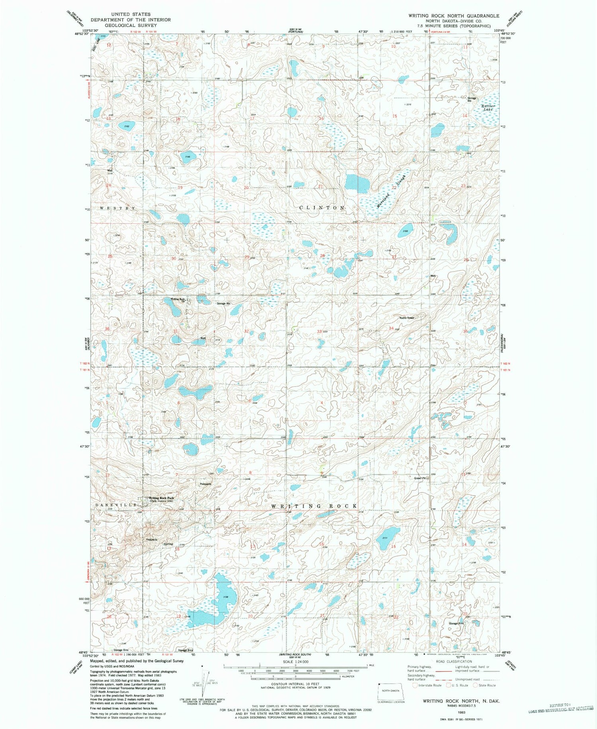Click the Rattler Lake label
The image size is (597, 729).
click(488, 108)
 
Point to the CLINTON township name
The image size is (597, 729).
click(322, 208)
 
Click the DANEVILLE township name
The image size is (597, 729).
click(116, 505)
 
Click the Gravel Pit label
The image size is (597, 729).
click(420, 478)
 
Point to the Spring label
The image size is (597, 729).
click(168, 544)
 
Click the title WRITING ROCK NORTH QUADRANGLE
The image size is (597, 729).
click(453, 16)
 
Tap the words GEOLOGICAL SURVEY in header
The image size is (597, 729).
click(131, 25)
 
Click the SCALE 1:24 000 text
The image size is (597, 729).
click(295, 662)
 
